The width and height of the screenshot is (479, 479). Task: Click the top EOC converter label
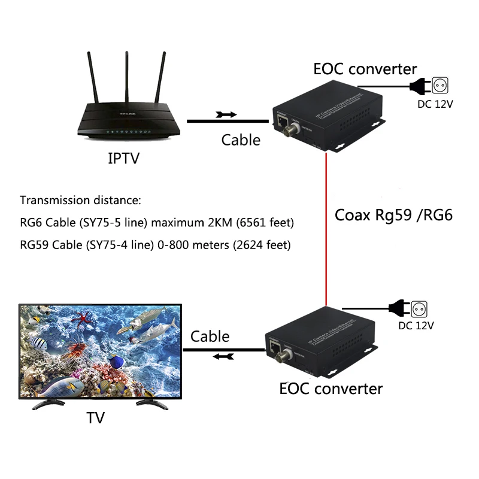[365, 69]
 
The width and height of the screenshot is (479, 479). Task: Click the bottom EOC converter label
[331, 389]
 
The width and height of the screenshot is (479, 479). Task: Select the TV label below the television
[95, 417]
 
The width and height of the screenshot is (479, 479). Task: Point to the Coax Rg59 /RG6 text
[393, 215]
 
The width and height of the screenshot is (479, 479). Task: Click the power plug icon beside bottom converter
[398, 308]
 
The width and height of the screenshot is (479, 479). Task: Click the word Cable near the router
[241, 140]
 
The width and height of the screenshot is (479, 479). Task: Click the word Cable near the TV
[210, 336]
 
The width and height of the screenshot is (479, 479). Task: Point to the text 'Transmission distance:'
[80, 200]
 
